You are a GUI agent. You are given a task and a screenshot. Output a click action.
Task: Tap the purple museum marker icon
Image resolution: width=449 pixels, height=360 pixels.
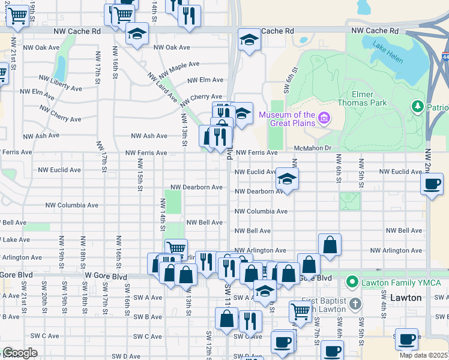[x=324, y=117]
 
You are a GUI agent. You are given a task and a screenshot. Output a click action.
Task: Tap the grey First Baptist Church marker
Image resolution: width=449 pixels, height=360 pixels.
[x=356, y=304]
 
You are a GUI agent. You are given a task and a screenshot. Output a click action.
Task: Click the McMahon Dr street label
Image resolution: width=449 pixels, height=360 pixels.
[x=313, y=148]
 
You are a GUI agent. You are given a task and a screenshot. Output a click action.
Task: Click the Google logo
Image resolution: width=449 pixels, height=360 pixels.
[x=20, y=353]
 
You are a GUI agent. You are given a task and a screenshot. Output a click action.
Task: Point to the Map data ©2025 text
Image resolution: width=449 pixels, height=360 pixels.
[x=424, y=355]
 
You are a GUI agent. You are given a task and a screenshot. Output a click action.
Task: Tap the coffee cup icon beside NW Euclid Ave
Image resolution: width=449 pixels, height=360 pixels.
[x=432, y=184]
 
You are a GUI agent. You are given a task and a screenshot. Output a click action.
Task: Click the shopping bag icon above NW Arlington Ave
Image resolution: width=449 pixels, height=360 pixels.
[x=330, y=244]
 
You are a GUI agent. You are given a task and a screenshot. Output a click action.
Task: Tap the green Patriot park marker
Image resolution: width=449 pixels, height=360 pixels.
[x=418, y=106]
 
